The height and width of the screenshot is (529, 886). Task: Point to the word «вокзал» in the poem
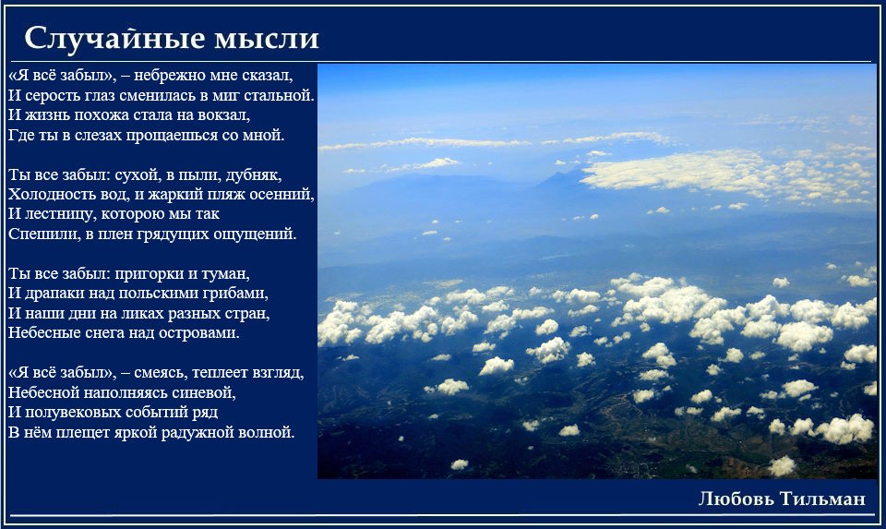pos(223,114)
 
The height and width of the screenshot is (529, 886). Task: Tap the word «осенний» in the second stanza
pos(284,194)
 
